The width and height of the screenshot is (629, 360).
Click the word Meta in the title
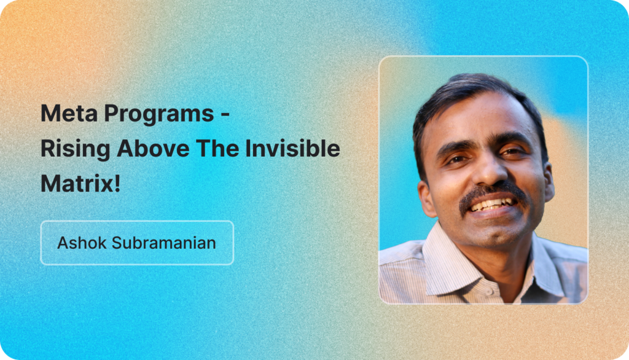69,113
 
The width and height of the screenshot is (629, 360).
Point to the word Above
153,149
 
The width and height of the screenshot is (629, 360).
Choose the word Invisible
292,147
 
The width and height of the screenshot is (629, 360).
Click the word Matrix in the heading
77,184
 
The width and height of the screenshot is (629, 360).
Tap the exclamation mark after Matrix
117,184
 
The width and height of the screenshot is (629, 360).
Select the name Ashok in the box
82,243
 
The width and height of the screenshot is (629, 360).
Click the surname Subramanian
163,243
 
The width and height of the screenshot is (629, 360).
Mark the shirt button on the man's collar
490,292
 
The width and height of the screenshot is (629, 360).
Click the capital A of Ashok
63,243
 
